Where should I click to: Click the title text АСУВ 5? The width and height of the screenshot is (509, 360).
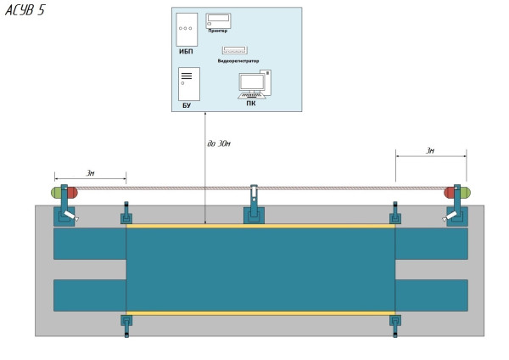click(x=25, y=10)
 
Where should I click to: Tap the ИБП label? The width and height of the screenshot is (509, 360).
click(x=186, y=51)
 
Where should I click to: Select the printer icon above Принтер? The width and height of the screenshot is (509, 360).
click(x=219, y=20)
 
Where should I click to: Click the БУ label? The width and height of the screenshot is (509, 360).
click(x=187, y=105)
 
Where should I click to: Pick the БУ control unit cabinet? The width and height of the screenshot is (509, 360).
click(x=187, y=84)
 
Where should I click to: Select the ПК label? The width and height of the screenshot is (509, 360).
click(x=250, y=104)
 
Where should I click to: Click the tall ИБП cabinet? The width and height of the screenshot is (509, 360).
click(x=187, y=29)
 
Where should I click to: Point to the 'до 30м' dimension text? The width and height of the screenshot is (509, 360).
click(x=220, y=143)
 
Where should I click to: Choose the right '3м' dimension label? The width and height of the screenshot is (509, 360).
click(x=429, y=150)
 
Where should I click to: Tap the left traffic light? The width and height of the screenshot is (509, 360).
click(x=64, y=193)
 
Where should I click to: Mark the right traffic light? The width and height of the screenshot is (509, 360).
click(x=457, y=193)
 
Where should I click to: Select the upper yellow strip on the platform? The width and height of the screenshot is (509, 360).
click(x=260, y=226)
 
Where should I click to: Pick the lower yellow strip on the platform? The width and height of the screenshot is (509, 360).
click(x=260, y=312)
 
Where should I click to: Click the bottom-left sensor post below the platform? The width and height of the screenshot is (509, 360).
click(x=126, y=323)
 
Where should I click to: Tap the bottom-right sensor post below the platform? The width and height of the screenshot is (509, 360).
click(x=395, y=323)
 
